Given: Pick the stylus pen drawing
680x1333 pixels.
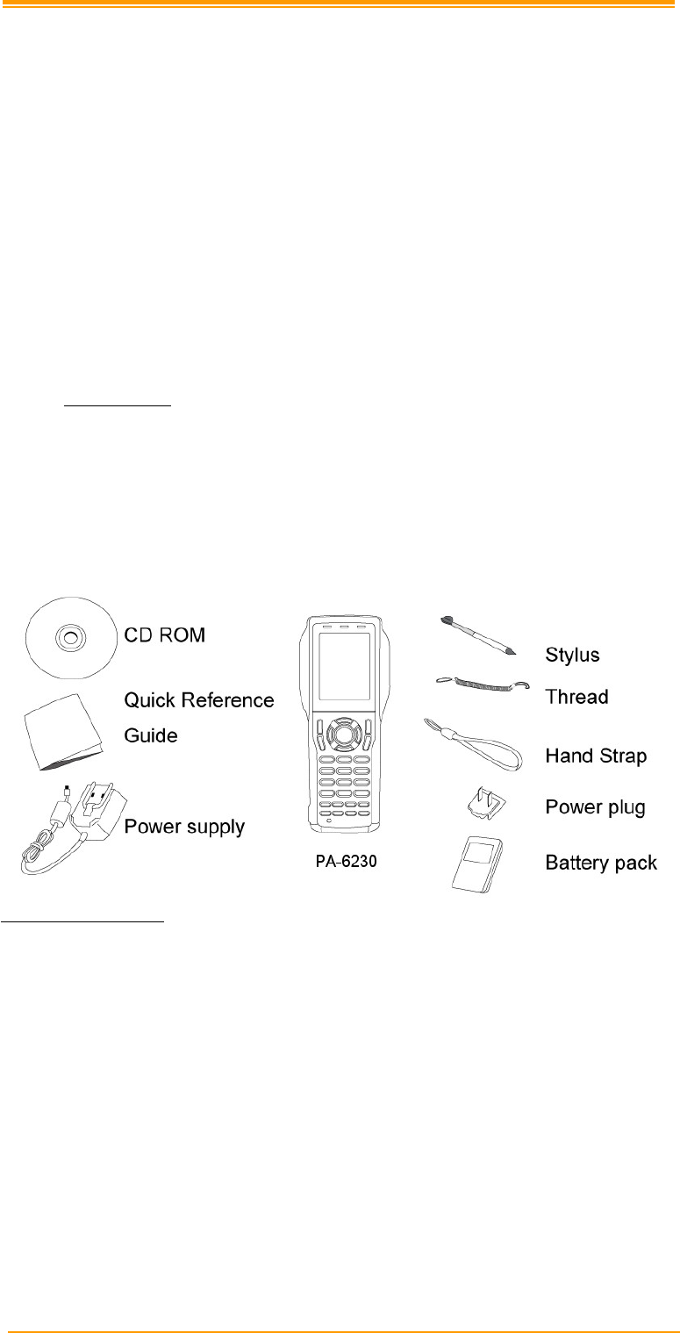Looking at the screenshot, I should pyautogui.click(x=478, y=634).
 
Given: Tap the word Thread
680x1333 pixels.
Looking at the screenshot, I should pyautogui.click(x=576, y=697).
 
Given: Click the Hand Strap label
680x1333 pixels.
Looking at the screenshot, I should pyautogui.click(x=596, y=755).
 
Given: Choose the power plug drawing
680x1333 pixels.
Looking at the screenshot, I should pyautogui.click(x=482, y=802).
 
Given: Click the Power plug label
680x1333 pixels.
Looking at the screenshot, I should pyautogui.click(x=595, y=807).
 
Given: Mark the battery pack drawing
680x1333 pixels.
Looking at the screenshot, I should pyautogui.click(x=476, y=864).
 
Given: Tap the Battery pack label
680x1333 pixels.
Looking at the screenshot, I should pyautogui.click(x=601, y=864).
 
